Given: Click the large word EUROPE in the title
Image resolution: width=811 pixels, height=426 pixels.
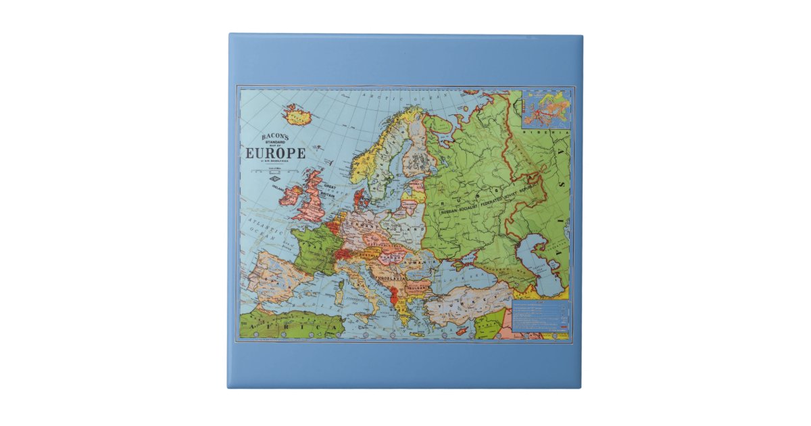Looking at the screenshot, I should click(275, 153).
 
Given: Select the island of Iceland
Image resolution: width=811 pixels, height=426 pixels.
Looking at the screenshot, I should click(295, 116).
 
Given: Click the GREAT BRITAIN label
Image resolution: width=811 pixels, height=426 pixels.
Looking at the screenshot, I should click(330, 190).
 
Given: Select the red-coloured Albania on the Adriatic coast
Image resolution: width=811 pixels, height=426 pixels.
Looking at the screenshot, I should click(394, 295).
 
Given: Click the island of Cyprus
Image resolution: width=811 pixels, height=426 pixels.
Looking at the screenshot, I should click(462, 331).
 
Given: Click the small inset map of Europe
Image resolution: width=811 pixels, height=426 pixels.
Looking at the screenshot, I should click(546, 109).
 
